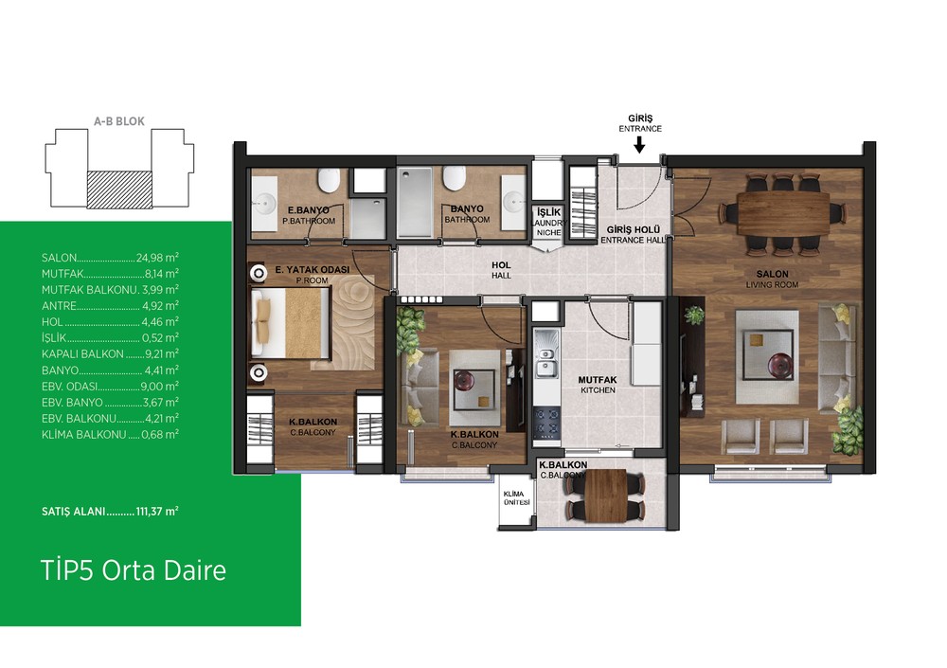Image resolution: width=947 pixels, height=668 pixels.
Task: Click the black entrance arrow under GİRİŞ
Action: [x=639, y=144]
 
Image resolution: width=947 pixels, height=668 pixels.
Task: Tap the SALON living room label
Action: [x=772, y=280]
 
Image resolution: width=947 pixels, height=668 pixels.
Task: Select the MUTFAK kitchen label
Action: [x=598, y=385]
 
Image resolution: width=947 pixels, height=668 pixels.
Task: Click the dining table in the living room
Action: [x=783, y=214]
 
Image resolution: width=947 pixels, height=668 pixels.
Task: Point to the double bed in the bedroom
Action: [x=291, y=323]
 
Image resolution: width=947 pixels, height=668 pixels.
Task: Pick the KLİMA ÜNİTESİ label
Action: [x=516, y=498]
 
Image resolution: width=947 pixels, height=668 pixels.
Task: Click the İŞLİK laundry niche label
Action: [x=548, y=222]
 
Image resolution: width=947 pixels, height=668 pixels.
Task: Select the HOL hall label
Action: [x=501, y=270]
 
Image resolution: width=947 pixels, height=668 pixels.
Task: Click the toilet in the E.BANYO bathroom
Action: [x=330, y=179]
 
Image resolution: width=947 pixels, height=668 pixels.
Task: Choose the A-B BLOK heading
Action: [x=119, y=121]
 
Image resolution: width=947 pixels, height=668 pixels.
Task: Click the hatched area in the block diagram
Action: [x=119, y=190]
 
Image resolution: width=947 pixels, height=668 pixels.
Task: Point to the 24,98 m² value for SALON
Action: [x=157, y=258]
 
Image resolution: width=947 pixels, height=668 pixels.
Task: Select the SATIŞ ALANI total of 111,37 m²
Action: [x=110, y=512]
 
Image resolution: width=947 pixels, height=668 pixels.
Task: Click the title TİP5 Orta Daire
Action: [x=134, y=570]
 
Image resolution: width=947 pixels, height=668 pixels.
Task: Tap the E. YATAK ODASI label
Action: [x=313, y=275]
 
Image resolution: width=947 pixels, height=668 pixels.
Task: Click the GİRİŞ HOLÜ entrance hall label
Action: [x=634, y=235]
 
